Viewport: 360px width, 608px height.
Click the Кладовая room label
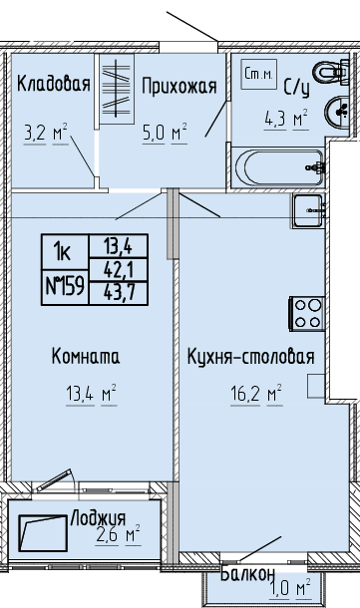(54, 84)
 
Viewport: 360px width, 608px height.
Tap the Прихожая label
(179, 86)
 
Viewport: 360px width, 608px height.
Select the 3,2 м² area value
(46, 134)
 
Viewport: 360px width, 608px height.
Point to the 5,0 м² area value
(165, 133)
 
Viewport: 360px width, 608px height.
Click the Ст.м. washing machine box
(258, 74)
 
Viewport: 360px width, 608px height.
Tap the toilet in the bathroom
(330, 72)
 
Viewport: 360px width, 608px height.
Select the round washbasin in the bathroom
(337, 112)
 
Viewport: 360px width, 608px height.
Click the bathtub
(278, 167)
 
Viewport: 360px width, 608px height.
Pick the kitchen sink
(308, 211)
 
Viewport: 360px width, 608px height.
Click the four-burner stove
(307, 314)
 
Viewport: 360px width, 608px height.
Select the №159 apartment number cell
(65, 287)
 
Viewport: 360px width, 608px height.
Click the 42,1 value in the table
(119, 269)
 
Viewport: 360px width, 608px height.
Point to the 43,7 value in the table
(119, 293)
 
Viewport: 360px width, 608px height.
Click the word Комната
(86, 357)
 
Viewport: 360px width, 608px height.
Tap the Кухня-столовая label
(250, 357)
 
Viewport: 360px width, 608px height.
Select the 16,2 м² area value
(256, 395)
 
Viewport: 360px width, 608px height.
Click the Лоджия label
(99, 518)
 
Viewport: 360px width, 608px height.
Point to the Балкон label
(248, 574)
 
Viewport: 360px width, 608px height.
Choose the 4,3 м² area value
(286, 119)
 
